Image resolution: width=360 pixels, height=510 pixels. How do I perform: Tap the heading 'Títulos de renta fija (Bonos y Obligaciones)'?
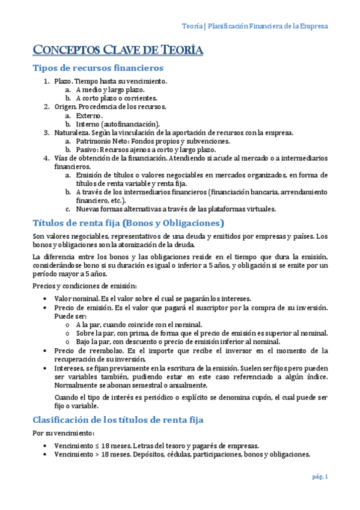coord(128,223)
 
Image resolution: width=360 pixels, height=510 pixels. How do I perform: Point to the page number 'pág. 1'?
coord(320,477)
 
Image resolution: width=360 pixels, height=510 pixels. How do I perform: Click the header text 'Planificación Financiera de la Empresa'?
coord(267,26)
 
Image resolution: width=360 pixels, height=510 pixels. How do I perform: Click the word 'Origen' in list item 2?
coord(65,106)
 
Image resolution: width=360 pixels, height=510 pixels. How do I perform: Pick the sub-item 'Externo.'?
coord(90,115)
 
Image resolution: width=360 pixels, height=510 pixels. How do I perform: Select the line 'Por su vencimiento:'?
coord(59,433)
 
